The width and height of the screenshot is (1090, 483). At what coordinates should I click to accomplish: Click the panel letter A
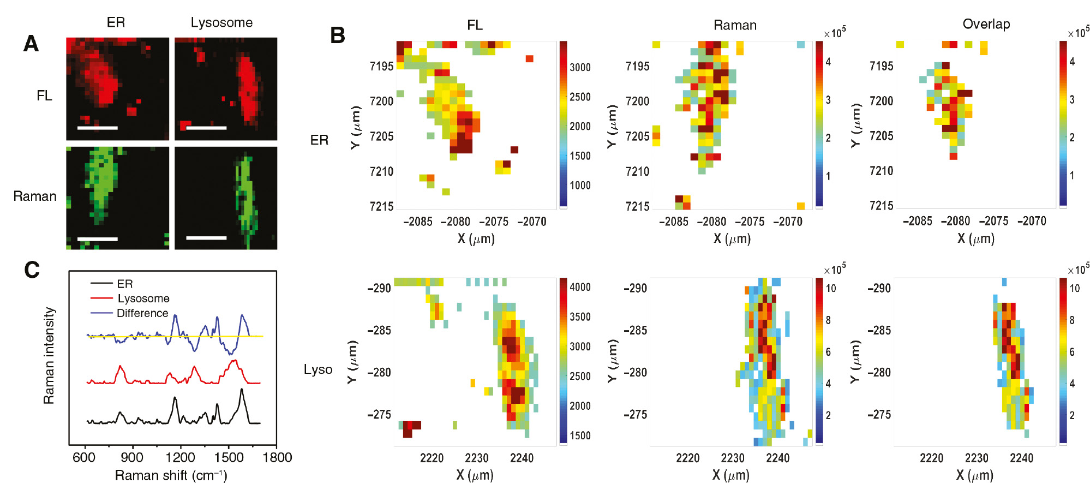31,44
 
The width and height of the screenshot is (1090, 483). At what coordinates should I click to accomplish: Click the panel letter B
338,35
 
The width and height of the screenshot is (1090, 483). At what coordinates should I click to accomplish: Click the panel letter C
32,270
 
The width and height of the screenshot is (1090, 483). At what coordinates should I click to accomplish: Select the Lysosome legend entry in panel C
143,299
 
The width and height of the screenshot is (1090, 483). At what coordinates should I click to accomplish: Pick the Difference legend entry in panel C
142,313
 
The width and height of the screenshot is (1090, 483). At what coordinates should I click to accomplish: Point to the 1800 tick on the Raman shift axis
277,457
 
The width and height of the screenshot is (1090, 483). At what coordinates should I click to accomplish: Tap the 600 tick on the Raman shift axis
84,457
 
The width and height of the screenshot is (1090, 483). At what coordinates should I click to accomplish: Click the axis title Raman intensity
49,356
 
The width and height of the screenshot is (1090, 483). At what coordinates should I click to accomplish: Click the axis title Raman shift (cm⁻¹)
171,475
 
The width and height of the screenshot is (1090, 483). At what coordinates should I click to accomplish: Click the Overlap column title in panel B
986,24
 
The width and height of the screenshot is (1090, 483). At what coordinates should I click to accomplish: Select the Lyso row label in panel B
318,369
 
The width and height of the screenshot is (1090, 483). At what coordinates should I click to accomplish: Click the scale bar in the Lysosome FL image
206,128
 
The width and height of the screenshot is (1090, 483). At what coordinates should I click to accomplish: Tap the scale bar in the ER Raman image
98,238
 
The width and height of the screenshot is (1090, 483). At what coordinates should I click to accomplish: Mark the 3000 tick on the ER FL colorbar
580,68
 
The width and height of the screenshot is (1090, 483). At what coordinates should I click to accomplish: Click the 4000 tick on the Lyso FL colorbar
580,287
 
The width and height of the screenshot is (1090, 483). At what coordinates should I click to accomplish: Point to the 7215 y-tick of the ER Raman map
637,206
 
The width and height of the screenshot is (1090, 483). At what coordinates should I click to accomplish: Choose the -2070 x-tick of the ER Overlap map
1032,221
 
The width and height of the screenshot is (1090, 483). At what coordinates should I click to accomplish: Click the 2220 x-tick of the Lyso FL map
432,458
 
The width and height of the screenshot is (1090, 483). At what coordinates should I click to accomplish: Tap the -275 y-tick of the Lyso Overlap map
878,414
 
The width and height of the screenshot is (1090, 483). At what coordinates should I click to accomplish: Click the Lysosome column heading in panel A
221,22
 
